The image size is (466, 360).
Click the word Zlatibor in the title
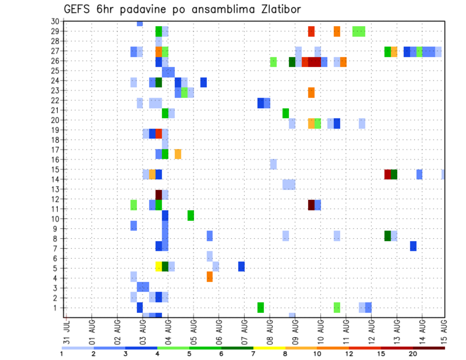[275, 9]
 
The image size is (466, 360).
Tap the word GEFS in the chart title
[80, 9]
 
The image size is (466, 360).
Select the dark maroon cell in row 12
[159, 195]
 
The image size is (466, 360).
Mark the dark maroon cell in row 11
[311, 205]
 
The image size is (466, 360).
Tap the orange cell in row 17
[178, 154]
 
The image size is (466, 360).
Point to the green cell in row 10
[191, 215]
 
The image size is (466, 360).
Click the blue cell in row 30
[140, 23]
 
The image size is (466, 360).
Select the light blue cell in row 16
[273, 164]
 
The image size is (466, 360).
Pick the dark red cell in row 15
[387, 174]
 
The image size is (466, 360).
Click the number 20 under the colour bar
[413, 354]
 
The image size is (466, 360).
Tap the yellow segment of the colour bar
[269, 348]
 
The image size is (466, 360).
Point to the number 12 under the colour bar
[349, 354]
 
